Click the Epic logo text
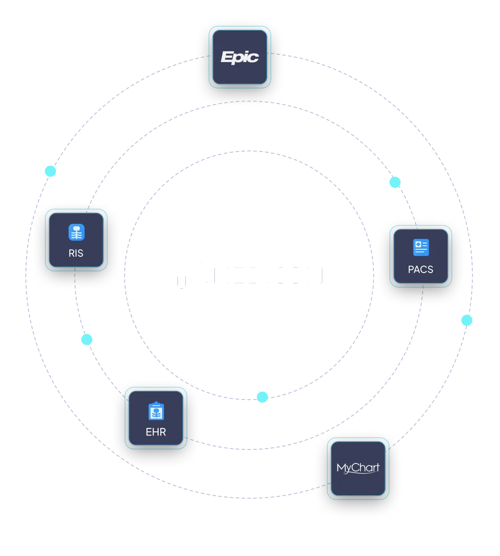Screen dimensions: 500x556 [240, 57]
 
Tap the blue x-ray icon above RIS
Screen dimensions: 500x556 [76, 232]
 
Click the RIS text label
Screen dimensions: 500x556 [76, 253]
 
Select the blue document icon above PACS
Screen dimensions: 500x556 [421, 247]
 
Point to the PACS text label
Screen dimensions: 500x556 [421, 269]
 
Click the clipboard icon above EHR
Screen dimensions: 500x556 [156, 411]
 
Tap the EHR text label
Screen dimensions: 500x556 [156, 432]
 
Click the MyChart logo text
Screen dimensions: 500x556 [358, 468]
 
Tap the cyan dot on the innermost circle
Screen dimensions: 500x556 [262, 397]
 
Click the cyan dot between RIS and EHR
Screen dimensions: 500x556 [86, 340]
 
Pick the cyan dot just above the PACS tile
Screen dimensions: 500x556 [394, 182]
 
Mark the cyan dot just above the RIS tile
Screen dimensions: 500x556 [50, 171]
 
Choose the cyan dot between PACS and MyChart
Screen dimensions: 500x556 [466, 320]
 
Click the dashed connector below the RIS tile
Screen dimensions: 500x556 [75, 278]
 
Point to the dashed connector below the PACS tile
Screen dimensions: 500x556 [422, 294]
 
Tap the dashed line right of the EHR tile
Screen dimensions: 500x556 [192, 440]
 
